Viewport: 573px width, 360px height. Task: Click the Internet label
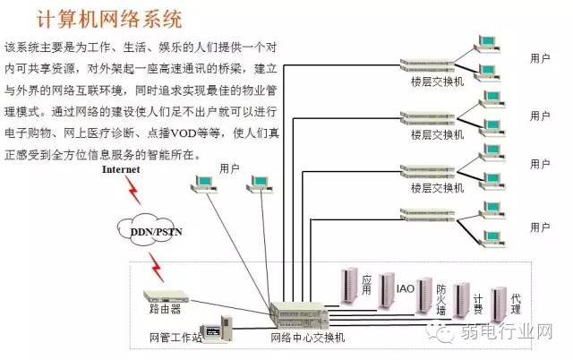(x=121, y=168)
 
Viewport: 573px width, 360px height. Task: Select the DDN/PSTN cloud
(x=150, y=231)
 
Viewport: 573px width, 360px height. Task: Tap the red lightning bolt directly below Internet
(x=133, y=189)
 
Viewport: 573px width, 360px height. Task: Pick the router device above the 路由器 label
(x=167, y=294)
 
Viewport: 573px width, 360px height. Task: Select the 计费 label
(x=478, y=304)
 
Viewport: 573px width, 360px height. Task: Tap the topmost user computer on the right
(x=488, y=40)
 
